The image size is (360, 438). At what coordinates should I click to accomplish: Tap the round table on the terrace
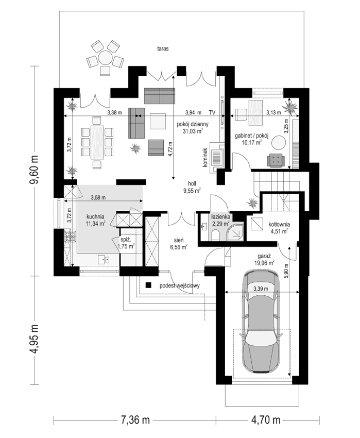[105, 57]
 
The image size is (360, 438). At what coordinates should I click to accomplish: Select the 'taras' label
[163, 48]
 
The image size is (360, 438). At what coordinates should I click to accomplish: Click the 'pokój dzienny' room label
[193, 124]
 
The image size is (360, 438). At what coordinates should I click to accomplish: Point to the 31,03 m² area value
[193, 131]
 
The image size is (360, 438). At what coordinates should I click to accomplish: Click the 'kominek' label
[205, 158]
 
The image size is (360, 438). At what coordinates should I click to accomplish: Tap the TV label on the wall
[212, 112]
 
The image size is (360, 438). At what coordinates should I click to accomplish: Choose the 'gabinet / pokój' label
[251, 136]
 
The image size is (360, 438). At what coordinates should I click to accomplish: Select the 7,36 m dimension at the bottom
[135, 419]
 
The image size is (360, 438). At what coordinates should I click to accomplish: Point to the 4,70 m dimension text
[266, 419]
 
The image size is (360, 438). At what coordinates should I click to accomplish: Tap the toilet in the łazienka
[216, 234]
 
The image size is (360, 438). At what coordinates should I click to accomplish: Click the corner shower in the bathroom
[235, 231]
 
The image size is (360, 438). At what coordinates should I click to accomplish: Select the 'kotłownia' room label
[279, 224]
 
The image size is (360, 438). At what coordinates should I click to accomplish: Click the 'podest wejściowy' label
[180, 285]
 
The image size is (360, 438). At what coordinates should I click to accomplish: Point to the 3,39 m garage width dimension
[261, 289]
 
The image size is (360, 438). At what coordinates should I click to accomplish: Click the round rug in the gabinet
[279, 143]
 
